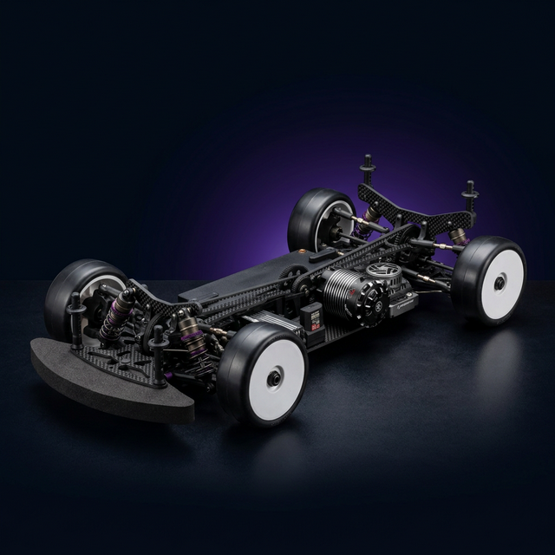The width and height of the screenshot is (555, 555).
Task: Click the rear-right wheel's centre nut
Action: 500,283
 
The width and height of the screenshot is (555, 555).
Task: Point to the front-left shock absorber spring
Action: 115,317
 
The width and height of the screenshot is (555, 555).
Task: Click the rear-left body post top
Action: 368,161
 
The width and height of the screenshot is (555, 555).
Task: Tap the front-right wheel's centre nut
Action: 274,377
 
